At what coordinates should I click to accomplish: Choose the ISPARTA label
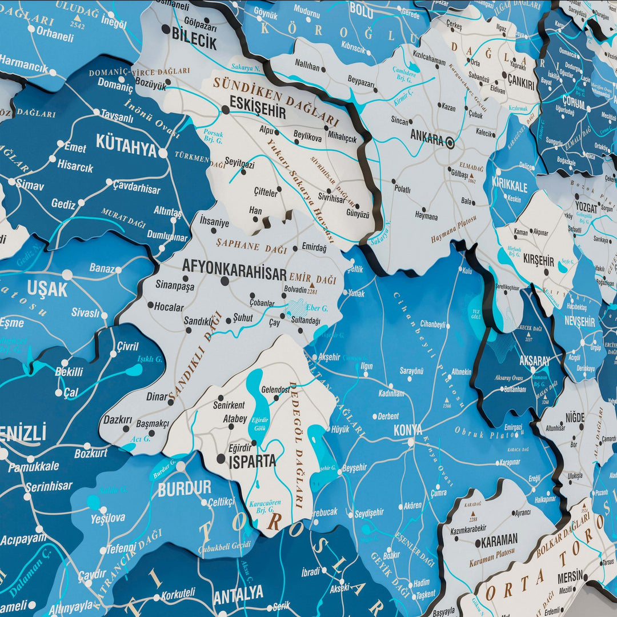(252, 462)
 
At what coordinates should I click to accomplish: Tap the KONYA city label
(408, 430)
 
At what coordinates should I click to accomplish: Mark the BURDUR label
(184, 489)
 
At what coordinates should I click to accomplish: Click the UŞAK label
(47, 289)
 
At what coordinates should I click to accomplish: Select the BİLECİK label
(194, 42)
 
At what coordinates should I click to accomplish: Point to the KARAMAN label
(499, 539)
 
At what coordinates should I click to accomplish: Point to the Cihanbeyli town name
(432, 324)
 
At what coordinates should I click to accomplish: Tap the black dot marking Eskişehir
(226, 109)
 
